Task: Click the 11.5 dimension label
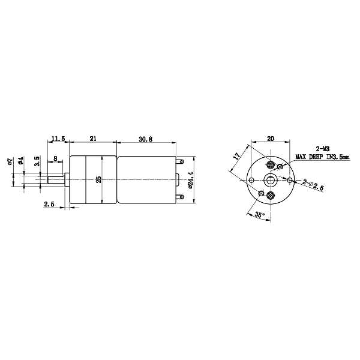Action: [58, 139]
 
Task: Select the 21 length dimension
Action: [93, 139]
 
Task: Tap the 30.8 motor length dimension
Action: [146, 139]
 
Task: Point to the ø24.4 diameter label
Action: [190, 180]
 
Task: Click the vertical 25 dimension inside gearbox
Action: [98, 179]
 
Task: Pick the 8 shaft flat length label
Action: [55, 158]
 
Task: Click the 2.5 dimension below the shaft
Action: [49, 204]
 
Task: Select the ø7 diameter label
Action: [10, 161]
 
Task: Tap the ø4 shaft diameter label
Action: [20, 161]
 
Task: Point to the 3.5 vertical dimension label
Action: [38, 160]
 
